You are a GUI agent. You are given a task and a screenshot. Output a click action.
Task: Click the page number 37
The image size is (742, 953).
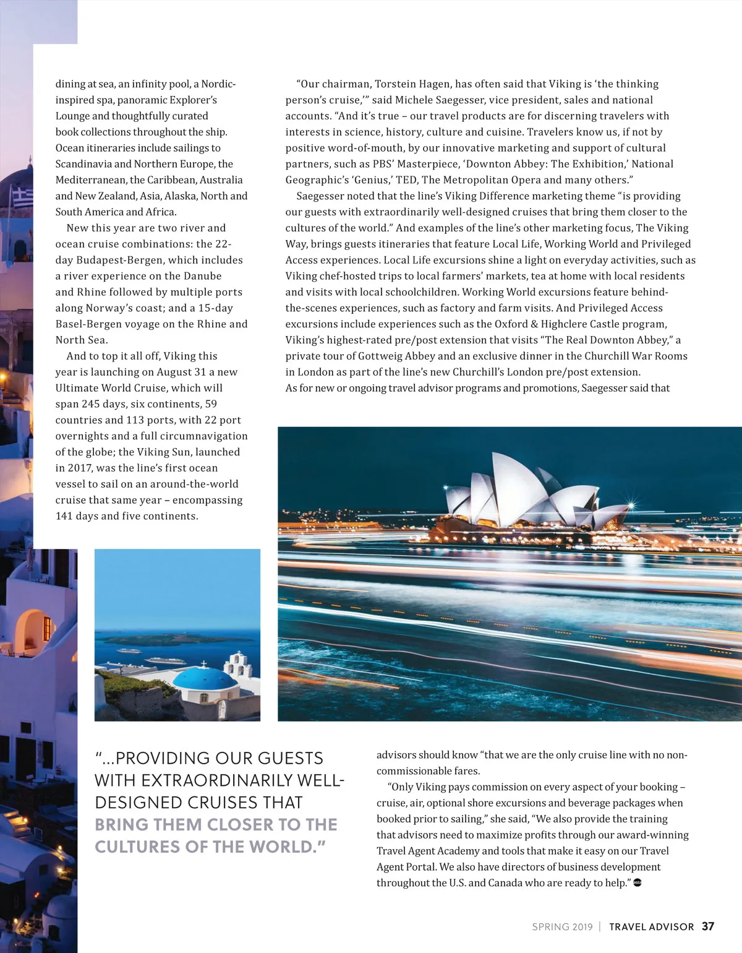(708, 926)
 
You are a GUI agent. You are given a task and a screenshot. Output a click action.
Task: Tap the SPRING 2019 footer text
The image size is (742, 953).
(562, 927)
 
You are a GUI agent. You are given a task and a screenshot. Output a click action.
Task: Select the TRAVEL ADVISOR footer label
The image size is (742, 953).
(651, 927)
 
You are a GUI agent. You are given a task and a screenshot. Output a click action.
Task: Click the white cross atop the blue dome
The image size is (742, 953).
(205, 664)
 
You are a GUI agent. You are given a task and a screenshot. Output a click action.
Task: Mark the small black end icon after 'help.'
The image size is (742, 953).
(638, 882)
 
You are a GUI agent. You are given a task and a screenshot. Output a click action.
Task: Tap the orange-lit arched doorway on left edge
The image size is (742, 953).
(31, 631)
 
